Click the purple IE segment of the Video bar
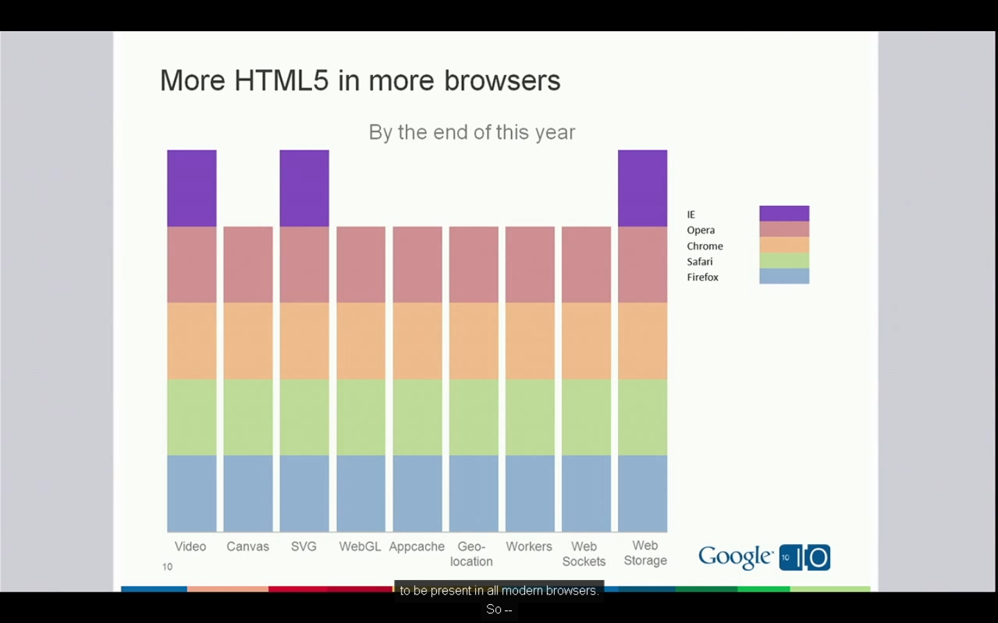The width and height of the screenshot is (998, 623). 191,188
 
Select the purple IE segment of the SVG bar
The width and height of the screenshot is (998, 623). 304,188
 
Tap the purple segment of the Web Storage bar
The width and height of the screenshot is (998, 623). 642,188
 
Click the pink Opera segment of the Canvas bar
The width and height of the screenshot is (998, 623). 248,264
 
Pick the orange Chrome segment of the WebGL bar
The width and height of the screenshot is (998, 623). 361,340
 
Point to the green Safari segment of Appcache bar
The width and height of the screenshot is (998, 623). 417,416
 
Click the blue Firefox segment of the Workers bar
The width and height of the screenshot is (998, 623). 530,493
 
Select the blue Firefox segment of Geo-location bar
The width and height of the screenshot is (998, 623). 473,493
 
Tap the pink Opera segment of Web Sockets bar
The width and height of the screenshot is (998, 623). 586,264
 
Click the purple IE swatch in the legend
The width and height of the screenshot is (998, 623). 784,213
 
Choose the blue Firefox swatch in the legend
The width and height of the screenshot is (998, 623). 784,276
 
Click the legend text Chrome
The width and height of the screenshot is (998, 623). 705,246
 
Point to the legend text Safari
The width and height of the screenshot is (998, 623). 699,261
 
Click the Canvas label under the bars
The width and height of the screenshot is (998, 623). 248,546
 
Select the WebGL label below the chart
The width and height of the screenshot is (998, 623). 360,546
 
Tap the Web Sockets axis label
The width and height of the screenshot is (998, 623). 584,554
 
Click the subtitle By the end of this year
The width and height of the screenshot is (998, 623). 472,132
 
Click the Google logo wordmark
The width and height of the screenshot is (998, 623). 735,556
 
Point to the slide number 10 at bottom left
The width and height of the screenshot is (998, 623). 167,566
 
